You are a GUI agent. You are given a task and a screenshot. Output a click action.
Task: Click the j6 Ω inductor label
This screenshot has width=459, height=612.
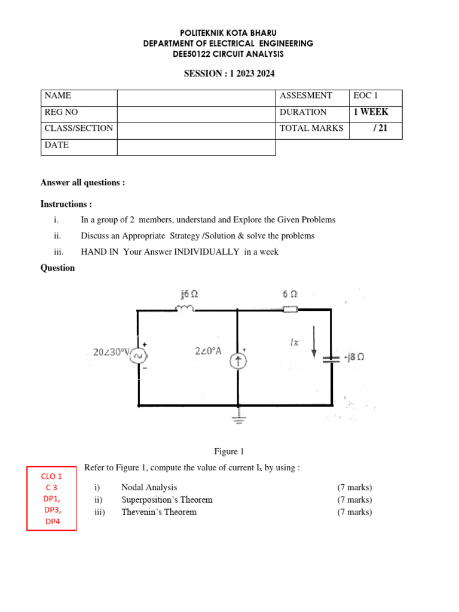[x=189, y=294]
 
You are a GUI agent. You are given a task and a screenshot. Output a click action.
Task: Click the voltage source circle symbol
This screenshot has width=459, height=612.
[x=139, y=357]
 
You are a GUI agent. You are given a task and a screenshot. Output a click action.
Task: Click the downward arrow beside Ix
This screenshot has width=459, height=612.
[x=314, y=341]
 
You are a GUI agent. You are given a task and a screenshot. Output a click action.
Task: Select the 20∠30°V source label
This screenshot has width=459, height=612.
[x=112, y=352]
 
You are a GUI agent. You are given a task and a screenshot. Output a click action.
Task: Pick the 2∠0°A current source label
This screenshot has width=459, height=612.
[x=208, y=351]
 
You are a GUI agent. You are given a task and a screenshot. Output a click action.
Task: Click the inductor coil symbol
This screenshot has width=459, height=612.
[x=183, y=308]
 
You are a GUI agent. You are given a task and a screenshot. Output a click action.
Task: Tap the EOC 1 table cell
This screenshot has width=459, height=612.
[x=375, y=96]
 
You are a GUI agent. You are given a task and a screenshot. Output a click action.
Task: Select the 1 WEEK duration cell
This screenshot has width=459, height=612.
[x=375, y=112]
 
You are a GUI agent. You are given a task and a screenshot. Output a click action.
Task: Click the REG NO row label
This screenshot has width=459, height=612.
[x=61, y=112]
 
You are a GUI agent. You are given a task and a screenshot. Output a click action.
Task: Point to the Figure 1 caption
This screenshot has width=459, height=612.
[x=229, y=452]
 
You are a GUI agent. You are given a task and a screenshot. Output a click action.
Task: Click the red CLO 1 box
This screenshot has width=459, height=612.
[x=51, y=498]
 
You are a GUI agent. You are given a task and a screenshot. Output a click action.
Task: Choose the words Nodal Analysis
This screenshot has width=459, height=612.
[x=149, y=488]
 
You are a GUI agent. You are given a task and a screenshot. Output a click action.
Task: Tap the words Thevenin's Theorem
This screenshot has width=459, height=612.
[x=159, y=512]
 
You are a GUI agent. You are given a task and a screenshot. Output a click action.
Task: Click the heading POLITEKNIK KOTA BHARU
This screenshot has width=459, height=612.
[x=228, y=33]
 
